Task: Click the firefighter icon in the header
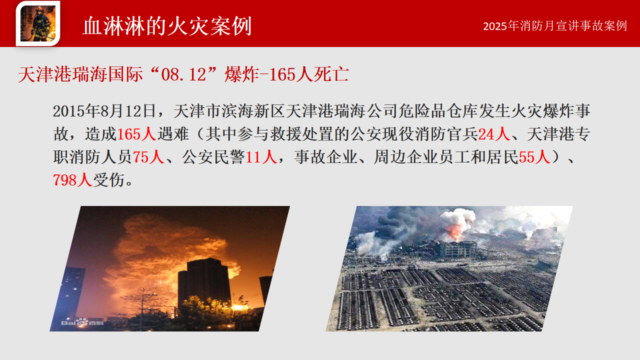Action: click(x=38, y=23)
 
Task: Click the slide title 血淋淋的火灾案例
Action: click(x=167, y=26)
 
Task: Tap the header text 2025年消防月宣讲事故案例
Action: click(x=555, y=26)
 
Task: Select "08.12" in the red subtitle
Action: click(x=183, y=74)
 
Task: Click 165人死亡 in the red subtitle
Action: click(x=309, y=74)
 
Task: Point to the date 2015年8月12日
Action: click(x=104, y=111)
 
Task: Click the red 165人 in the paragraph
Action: click(x=136, y=134)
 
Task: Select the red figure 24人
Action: click(x=494, y=134)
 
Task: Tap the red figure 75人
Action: click(x=148, y=157)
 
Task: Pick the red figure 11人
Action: click(x=261, y=157)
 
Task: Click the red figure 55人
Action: click(x=534, y=157)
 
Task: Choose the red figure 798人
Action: click(x=72, y=180)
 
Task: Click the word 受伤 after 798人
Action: click(x=109, y=180)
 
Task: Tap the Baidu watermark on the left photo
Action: click(x=82, y=322)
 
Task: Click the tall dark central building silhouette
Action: click(x=204, y=283)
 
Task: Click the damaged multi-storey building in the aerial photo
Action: click(x=457, y=249)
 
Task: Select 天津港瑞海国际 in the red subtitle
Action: click(x=80, y=74)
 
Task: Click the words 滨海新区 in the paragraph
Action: click(x=253, y=111)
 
